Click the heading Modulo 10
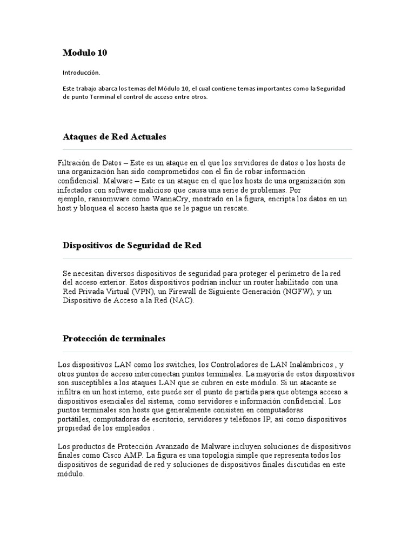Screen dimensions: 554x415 click(85, 52)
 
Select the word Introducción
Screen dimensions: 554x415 click(81, 72)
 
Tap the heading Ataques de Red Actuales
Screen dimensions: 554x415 click(115, 137)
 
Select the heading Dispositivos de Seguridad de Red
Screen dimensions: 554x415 click(132, 245)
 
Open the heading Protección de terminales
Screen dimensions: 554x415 click(114, 339)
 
